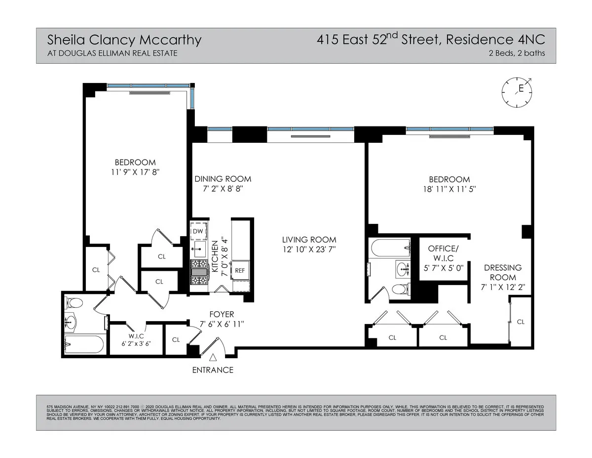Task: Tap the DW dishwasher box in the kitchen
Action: [198, 231]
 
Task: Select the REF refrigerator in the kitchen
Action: [240, 270]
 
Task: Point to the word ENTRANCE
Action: [213, 370]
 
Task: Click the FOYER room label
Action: [222, 314]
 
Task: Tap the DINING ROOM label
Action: [222, 179]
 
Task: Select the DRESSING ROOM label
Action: [502, 272]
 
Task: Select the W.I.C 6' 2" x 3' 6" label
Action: [136, 340]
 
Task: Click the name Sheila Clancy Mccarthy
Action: [124, 40]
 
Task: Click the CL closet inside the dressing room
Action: [520, 322]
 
